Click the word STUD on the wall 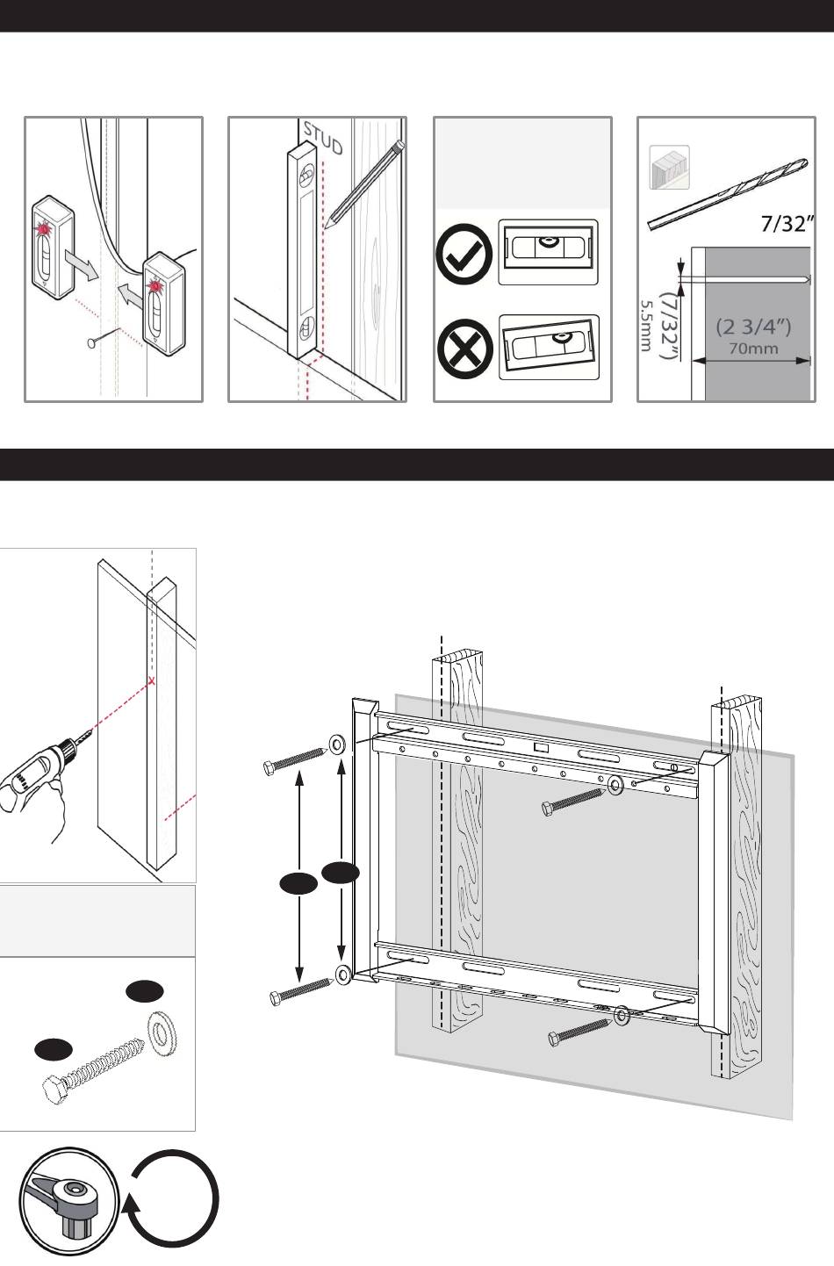click(x=322, y=138)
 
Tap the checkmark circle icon click(x=464, y=254)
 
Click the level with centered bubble click(x=548, y=252)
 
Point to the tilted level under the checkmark click(x=549, y=347)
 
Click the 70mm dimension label click(x=753, y=348)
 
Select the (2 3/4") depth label click(x=753, y=327)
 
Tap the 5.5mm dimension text click(x=645, y=326)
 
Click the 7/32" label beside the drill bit click(x=782, y=225)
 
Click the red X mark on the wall click(x=153, y=680)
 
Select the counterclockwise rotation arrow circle click(x=174, y=1201)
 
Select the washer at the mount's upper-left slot click(x=336, y=745)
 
